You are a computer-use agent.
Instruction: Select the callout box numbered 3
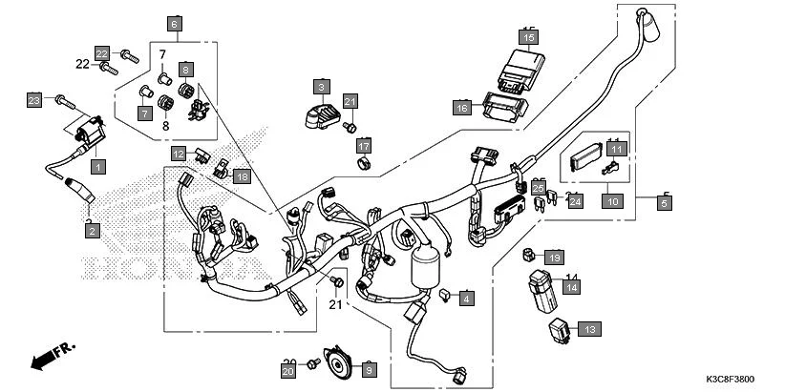click(x=322, y=86)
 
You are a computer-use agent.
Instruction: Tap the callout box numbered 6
click(x=174, y=22)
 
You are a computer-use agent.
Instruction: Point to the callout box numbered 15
click(x=529, y=37)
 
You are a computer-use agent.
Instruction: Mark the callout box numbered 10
click(x=612, y=201)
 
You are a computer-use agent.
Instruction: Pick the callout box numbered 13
click(x=589, y=328)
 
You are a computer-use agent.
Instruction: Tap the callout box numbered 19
click(x=555, y=256)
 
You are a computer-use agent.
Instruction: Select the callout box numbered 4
click(x=465, y=299)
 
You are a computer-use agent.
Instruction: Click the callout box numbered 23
click(x=34, y=100)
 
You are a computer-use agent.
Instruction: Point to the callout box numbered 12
click(x=179, y=153)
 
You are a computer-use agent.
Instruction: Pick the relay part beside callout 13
click(x=562, y=330)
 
